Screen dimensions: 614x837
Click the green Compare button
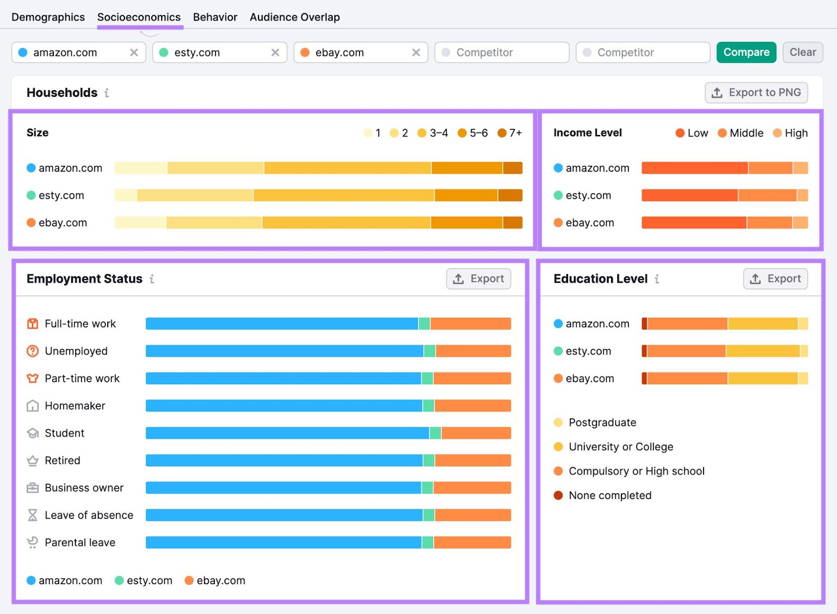[746, 52]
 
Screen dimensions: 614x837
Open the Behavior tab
[215, 17]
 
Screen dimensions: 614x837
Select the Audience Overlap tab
[295, 17]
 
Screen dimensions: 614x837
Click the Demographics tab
[48, 17]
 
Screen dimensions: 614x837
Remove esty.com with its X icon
[275, 52]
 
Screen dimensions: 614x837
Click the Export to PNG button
[756, 93]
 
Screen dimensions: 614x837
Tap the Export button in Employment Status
[478, 278]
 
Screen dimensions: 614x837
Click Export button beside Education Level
[775, 278]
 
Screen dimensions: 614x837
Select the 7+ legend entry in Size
[510, 133]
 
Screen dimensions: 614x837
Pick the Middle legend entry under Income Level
[740, 133]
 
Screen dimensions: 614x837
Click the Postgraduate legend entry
[602, 422]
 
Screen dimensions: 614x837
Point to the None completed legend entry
[609, 495]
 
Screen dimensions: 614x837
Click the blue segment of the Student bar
[287, 433]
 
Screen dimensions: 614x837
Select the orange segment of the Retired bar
[472, 461]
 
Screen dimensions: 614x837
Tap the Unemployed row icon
[32, 351]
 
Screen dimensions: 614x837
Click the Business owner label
[84, 488]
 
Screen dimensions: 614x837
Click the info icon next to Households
[107, 93]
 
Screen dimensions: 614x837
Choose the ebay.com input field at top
[356, 52]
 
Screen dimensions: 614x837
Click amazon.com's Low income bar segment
[694, 168]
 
